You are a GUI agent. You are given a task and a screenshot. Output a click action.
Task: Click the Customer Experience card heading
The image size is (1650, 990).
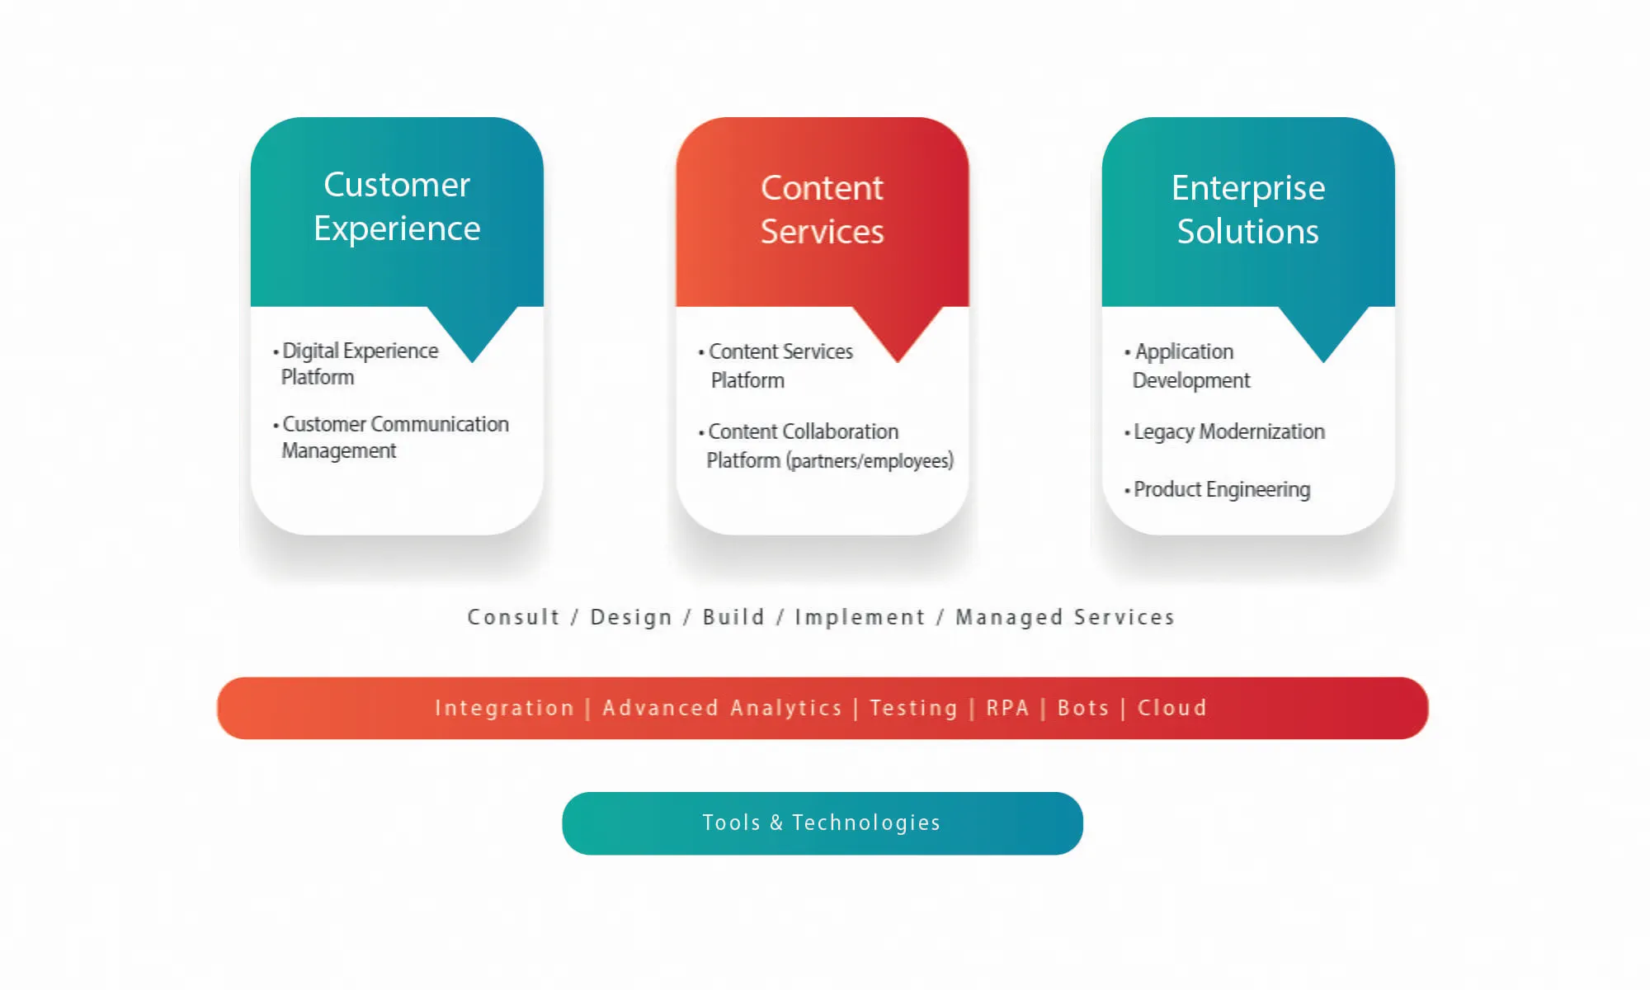pos(397,206)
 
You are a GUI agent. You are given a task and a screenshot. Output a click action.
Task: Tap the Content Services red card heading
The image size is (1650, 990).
pos(822,210)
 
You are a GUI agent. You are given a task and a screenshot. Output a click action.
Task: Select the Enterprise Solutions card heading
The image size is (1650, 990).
pos(1248,210)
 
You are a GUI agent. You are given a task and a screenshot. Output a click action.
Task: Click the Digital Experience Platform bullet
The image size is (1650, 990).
pos(356,364)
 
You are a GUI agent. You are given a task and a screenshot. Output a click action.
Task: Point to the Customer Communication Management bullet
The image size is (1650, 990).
pos(391,437)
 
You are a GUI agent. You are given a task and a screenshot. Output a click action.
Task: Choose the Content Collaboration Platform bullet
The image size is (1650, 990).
pos(826,446)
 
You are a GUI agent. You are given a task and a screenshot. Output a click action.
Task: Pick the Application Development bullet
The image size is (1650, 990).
pos(1187,365)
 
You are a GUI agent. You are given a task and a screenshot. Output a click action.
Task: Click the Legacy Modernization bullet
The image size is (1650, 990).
pos(1224,432)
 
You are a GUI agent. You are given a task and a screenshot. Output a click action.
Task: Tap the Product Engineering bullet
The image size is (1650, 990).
pos(1217,490)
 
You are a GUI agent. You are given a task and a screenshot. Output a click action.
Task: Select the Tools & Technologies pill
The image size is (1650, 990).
pos(823,823)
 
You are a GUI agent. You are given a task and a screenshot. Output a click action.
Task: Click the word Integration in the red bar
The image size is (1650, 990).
pos(504,708)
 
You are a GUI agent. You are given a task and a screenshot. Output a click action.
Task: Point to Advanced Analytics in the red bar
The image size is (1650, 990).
pos(722,708)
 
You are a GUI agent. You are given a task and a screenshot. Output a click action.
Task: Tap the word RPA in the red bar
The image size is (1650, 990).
pos(1007,708)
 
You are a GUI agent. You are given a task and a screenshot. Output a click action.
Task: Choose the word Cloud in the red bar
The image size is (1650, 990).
pos(1172,708)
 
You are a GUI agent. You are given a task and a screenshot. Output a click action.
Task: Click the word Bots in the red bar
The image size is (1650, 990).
pos(1083,708)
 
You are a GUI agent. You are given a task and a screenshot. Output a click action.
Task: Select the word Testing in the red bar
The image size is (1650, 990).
pos(913,708)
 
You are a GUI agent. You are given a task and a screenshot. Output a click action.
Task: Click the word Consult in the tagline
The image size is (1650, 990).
pos(513,617)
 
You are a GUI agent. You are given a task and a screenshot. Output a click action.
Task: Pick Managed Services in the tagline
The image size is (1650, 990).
pos(1065,617)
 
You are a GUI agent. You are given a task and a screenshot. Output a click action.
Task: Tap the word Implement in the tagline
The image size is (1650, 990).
pos(860,617)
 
